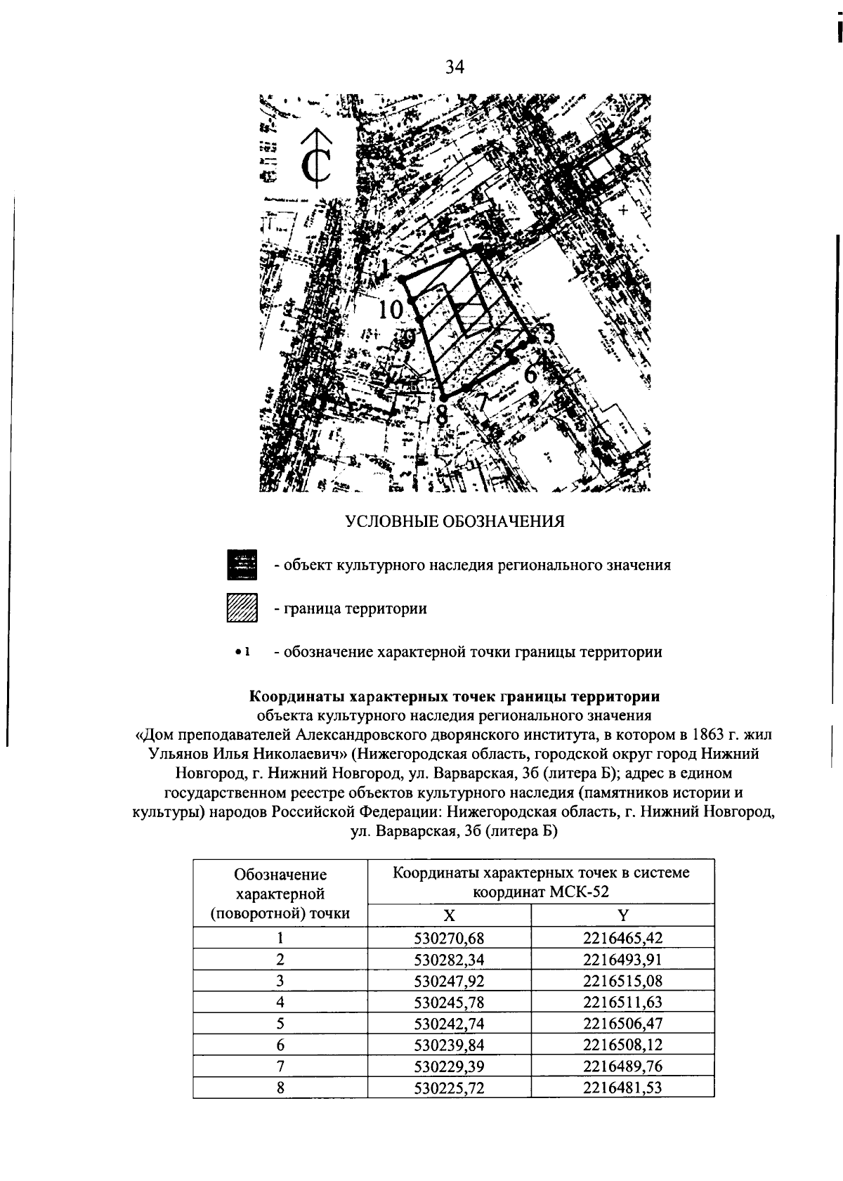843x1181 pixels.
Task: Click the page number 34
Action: pyautogui.click(x=455, y=67)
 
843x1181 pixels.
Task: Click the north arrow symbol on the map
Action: pyautogui.click(x=316, y=162)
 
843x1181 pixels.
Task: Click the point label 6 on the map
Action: pyautogui.click(x=530, y=374)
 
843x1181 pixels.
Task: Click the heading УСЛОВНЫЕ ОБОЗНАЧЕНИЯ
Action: pyautogui.click(x=455, y=521)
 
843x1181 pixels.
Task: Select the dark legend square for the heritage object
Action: pyautogui.click(x=242, y=565)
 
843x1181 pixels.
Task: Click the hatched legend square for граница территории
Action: pyautogui.click(x=242, y=608)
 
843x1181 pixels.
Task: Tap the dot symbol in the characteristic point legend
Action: pyautogui.click(x=239, y=652)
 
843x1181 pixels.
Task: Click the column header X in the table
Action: pyautogui.click(x=450, y=915)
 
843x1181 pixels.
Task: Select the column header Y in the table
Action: pyautogui.click(x=622, y=915)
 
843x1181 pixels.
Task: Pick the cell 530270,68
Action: pyautogui.click(x=450, y=938)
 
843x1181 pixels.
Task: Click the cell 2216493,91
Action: pyautogui.click(x=622, y=960)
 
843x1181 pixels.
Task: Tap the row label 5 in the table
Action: pyautogui.click(x=280, y=1024)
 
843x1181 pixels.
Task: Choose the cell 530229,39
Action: pyautogui.click(x=450, y=1066)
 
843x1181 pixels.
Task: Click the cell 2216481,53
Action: pyautogui.click(x=622, y=1088)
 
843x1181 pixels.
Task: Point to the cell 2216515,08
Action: pyautogui.click(x=622, y=981)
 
